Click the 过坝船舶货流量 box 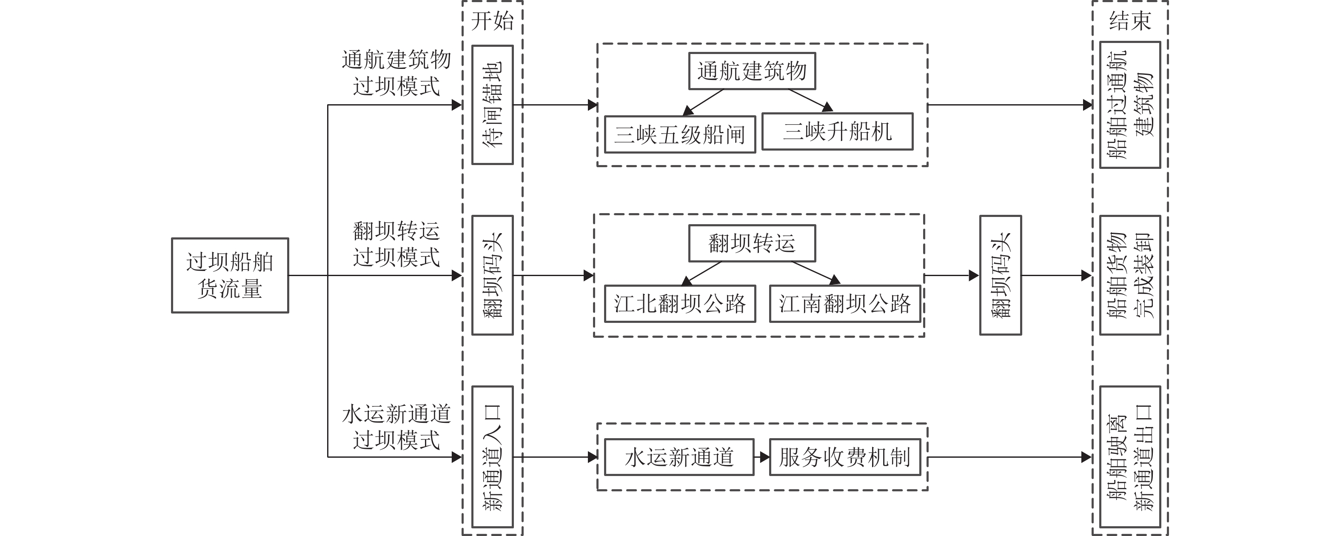click(x=230, y=275)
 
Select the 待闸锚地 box click(x=492, y=105)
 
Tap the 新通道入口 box click(x=492, y=457)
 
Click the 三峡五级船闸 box click(x=679, y=134)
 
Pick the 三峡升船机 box click(x=837, y=131)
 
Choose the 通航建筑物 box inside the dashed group click(x=752, y=71)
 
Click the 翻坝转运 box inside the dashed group click(x=752, y=243)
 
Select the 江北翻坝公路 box click(x=679, y=304)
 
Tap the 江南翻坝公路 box click(x=845, y=304)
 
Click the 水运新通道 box click(x=679, y=457)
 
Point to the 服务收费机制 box click(x=845, y=457)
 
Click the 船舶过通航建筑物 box click(x=1130, y=105)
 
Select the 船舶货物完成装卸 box click(x=1130, y=275)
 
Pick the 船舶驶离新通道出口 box click(x=1130, y=457)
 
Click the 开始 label click(x=492, y=21)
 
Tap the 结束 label click(x=1130, y=21)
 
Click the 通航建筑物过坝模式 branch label click(x=396, y=73)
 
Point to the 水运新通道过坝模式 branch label click(x=396, y=427)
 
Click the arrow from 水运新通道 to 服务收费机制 click(x=761, y=457)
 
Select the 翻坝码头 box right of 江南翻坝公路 click(x=1000, y=275)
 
